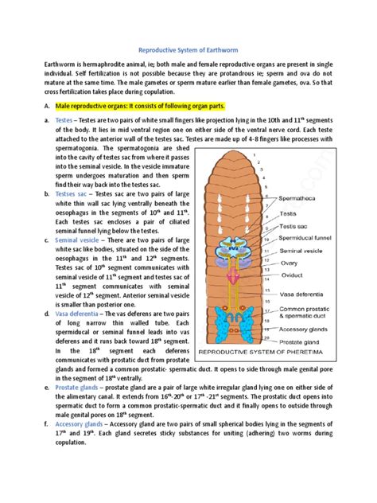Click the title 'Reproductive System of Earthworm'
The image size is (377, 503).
188,49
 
